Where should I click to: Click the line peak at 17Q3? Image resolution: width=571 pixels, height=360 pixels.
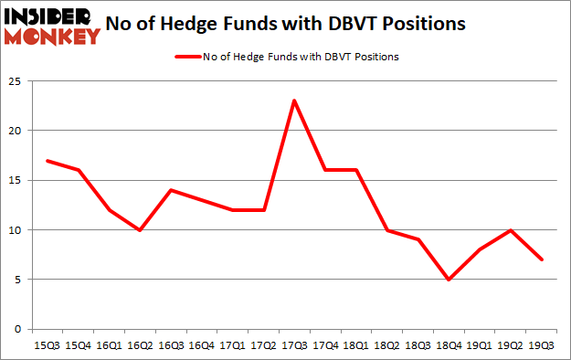click(294, 101)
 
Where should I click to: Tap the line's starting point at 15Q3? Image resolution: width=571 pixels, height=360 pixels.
click(46, 161)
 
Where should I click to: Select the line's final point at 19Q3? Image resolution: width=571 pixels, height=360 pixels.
click(542, 259)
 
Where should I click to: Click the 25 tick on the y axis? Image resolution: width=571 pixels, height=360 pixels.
click(16, 80)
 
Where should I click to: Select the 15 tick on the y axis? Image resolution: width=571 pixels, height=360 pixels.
click(16, 180)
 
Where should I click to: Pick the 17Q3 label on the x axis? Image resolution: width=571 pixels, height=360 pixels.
click(294, 344)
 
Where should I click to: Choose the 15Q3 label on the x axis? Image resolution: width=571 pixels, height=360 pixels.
click(46, 344)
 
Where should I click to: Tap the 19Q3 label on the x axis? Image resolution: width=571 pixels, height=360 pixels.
click(542, 344)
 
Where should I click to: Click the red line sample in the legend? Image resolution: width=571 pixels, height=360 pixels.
click(185, 56)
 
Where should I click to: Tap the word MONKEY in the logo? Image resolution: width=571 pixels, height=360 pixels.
click(52, 37)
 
